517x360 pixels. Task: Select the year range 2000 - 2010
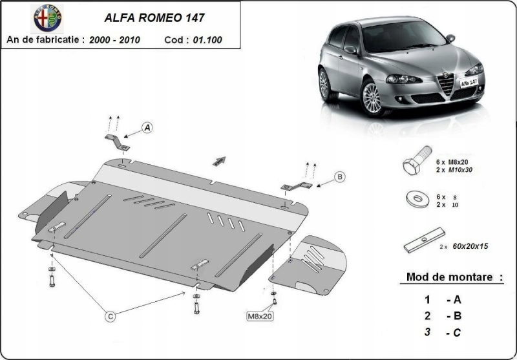tap(118, 39)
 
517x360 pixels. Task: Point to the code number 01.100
tap(206, 39)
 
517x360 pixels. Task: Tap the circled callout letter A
tap(147, 128)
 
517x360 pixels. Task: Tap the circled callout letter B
tap(340, 176)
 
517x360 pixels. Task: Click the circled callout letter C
tap(111, 316)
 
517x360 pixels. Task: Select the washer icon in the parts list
tap(416, 198)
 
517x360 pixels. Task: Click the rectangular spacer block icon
tap(423, 240)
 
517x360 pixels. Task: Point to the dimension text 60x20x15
tap(470, 247)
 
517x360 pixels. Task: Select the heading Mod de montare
tap(454, 277)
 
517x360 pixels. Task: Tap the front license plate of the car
tap(473, 83)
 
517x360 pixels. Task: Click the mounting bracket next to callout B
tap(296, 186)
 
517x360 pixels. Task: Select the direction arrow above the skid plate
tap(219, 162)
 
